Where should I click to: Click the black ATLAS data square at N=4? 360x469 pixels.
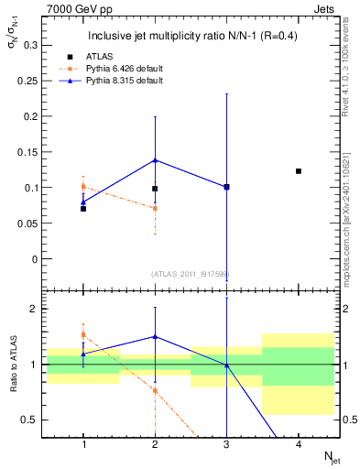click(299, 171)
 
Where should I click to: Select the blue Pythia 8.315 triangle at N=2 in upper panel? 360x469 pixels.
click(155, 160)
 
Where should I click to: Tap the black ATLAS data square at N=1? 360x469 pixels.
click(83, 209)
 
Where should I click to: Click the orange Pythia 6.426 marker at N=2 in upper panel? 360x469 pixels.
click(155, 209)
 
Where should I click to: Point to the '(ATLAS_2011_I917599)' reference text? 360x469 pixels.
click(190, 273)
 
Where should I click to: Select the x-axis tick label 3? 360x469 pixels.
click(226, 443)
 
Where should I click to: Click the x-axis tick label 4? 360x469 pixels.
click(299, 443)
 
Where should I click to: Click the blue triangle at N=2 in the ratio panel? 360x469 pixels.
click(155, 336)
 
